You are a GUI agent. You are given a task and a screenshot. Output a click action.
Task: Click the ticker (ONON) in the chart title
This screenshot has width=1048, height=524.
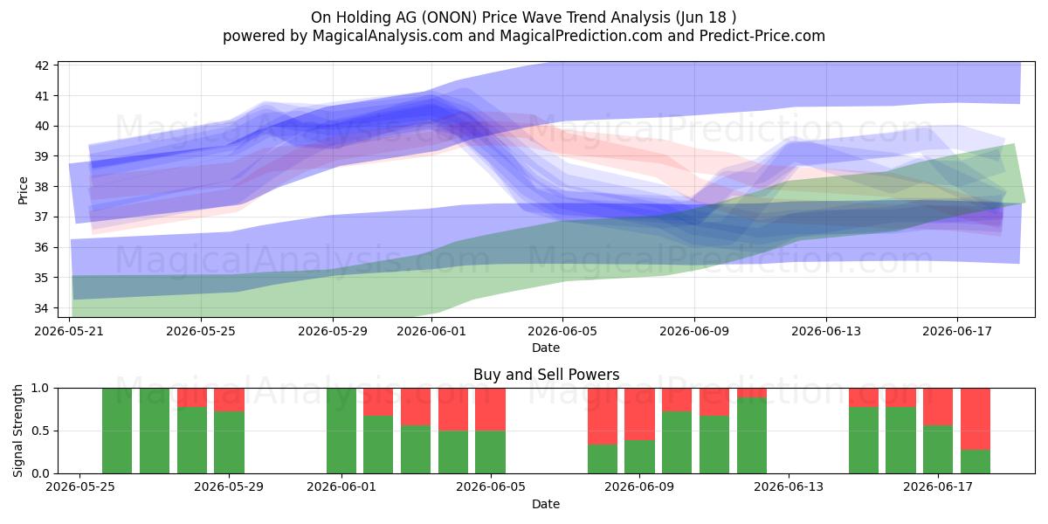449,17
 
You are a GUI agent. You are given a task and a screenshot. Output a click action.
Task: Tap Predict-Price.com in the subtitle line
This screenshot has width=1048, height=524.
762,36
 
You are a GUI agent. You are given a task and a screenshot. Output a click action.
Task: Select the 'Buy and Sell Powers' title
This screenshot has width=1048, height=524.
546,375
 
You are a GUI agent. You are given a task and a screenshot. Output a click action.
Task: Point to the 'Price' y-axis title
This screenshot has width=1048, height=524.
23,190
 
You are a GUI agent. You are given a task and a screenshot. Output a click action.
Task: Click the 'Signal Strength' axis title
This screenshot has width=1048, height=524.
17,431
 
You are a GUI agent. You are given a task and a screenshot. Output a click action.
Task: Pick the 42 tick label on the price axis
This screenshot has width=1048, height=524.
42,65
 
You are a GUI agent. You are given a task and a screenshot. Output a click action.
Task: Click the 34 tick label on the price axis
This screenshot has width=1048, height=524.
42,307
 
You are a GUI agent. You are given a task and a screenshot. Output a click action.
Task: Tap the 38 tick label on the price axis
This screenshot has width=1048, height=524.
42,187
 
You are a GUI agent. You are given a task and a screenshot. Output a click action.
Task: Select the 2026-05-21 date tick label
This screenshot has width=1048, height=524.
69,331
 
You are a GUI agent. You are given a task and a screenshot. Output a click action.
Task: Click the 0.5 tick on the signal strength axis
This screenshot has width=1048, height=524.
40,431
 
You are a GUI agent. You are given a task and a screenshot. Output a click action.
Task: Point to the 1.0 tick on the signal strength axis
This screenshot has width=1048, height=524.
40,388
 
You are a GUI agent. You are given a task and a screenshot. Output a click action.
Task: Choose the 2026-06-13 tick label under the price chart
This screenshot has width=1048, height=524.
826,331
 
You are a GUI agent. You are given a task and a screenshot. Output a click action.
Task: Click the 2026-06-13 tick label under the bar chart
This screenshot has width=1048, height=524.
789,486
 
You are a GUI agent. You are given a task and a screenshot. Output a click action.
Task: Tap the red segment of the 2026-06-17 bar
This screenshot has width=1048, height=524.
938,407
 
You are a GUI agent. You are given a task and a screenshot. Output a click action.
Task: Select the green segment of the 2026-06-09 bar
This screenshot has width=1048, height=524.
639,457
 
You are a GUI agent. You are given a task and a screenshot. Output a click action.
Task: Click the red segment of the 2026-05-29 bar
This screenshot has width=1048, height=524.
229,400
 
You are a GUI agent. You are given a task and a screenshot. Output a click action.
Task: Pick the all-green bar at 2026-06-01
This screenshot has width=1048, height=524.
341,431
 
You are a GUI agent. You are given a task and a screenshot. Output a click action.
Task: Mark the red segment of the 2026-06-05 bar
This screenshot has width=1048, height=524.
490,410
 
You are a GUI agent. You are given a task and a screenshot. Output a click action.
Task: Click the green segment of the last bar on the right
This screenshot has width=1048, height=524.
976,462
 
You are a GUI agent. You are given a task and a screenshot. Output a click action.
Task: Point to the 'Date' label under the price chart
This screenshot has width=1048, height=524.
546,348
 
